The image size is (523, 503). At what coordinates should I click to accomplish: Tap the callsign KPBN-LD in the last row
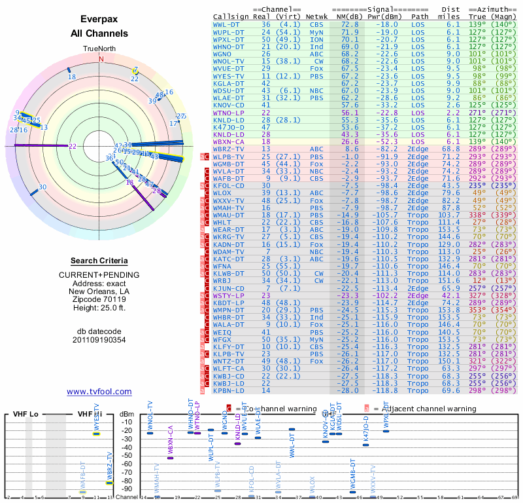pos(228,390)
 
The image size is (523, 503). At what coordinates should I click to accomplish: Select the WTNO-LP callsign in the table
pos(228,113)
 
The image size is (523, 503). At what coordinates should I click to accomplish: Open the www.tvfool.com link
pos(99,392)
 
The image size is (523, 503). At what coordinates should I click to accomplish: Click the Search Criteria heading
pos(99,261)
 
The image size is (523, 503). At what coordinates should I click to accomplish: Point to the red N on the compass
pos(101,59)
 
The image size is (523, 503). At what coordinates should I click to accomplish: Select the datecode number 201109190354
pos(99,340)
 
